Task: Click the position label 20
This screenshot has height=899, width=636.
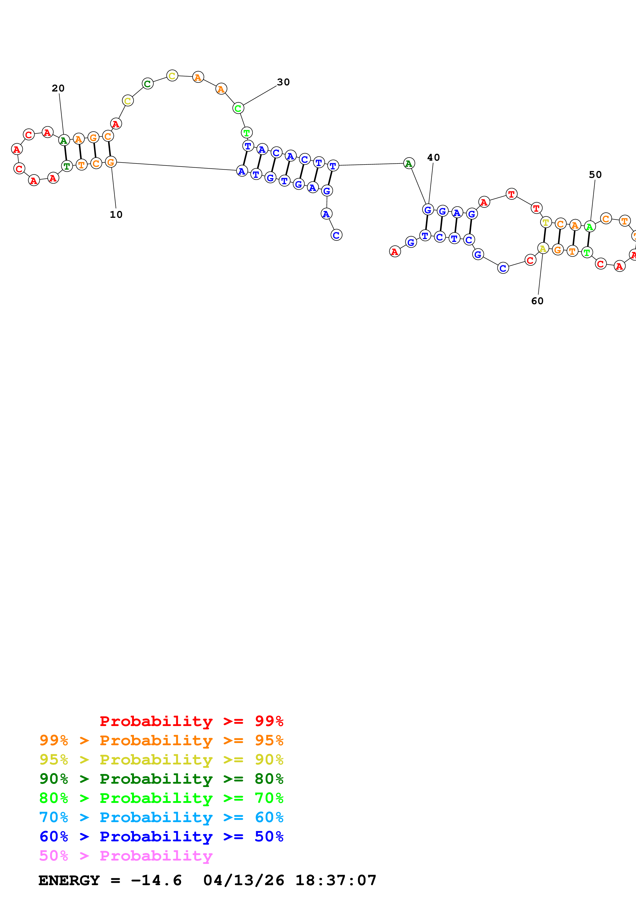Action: pyautogui.click(x=58, y=88)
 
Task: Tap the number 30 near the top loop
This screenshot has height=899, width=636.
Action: pyautogui.click(x=283, y=82)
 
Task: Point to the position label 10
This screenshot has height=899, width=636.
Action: pyautogui.click(x=116, y=214)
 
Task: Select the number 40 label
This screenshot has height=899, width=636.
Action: pyautogui.click(x=433, y=157)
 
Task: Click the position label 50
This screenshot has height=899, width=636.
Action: pyautogui.click(x=595, y=175)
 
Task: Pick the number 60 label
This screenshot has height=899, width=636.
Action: pyautogui.click(x=537, y=301)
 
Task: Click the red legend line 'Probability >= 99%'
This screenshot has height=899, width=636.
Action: pyautogui.click(x=191, y=721)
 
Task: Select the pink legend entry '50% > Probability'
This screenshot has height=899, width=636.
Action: pyautogui.click(x=126, y=855)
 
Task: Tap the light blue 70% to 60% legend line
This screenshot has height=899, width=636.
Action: pyautogui.click(x=161, y=817)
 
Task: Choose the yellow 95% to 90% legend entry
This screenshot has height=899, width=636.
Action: pyautogui.click(x=161, y=760)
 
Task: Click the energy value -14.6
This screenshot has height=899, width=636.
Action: pyautogui.click(x=156, y=880)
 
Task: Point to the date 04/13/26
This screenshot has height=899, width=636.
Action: pyautogui.click(x=243, y=880)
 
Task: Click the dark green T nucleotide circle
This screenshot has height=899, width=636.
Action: pyautogui.click(x=67, y=166)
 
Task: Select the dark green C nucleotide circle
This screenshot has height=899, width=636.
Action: pyautogui.click(x=147, y=84)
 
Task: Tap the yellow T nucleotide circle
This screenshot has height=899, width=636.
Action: pyautogui.click(x=545, y=222)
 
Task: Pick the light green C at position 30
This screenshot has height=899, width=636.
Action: pyautogui.click(x=238, y=108)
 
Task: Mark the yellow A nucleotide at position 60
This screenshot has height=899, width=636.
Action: pyautogui.click(x=543, y=248)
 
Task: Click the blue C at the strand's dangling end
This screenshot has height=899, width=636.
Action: pyautogui.click(x=336, y=235)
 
